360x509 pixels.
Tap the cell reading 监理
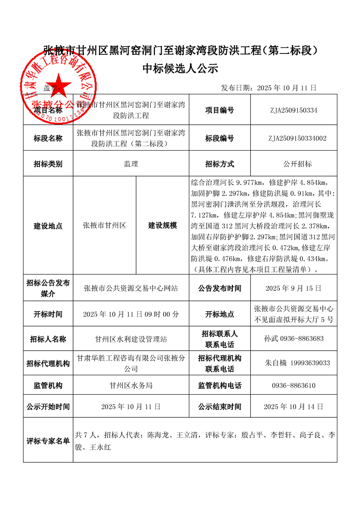click(x=131, y=164)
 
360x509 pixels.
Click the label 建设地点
click(x=48, y=225)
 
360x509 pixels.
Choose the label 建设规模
click(x=162, y=225)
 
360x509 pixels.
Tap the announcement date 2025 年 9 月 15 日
click(x=293, y=288)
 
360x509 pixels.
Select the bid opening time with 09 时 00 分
click(x=131, y=314)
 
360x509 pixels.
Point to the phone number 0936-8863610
click(x=293, y=386)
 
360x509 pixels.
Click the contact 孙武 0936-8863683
click(x=293, y=338)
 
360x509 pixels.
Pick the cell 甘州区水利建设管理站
click(x=131, y=338)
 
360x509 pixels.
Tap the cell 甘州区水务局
click(x=131, y=386)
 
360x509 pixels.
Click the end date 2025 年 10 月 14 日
click(x=293, y=406)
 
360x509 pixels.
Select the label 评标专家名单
click(x=48, y=440)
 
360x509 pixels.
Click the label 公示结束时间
click(x=220, y=406)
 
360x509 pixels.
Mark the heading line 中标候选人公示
click(x=180, y=69)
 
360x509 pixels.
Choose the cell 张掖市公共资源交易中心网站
click(x=131, y=288)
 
